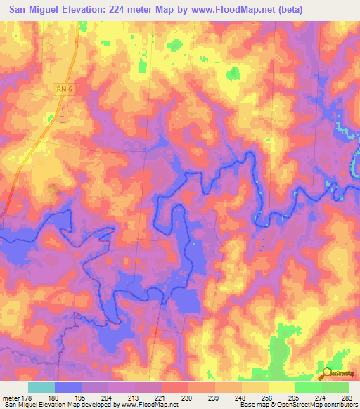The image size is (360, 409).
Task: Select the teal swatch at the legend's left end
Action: tap(41, 387)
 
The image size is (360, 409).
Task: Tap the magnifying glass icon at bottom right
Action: tap(326, 373)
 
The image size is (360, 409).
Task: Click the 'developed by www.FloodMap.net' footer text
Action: tap(138, 405)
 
